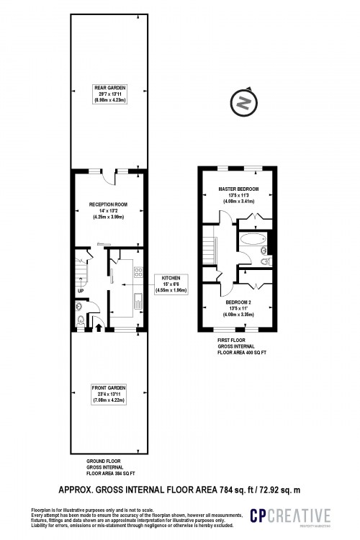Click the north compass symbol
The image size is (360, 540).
coord(244,103)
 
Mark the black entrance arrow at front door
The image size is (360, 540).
coord(98,326)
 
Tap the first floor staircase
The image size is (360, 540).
coord(211,253)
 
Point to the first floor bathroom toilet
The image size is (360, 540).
coord(266,261)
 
